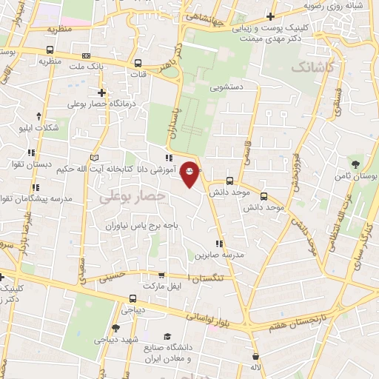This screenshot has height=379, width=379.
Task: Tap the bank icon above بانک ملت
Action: click(x=87, y=56)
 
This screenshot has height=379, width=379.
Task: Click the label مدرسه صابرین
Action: click(x=220, y=255)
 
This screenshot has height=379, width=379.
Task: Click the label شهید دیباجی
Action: click(x=115, y=341)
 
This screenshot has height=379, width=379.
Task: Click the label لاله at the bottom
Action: click(x=255, y=366)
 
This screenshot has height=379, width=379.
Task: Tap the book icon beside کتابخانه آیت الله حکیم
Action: click(x=93, y=158)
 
